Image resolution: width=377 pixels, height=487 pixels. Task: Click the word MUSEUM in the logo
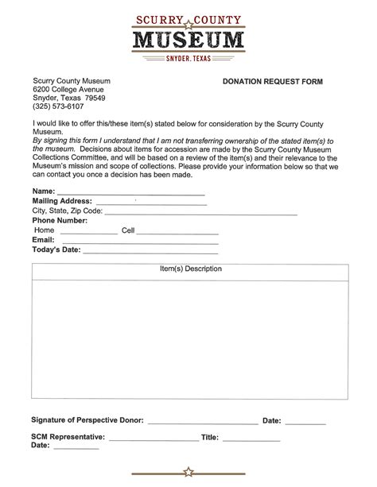pyautogui.click(x=188, y=39)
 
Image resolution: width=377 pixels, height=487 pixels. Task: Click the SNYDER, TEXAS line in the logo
pyautogui.click(x=188, y=59)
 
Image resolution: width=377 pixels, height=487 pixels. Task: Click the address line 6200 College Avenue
pyautogui.click(x=68, y=91)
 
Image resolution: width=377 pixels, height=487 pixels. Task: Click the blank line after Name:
pyautogui.click(x=130, y=192)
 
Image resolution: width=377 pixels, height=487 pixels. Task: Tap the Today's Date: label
pyautogui.click(x=56, y=249)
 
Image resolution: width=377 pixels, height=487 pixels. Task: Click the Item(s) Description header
pyautogui.click(x=191, y=269)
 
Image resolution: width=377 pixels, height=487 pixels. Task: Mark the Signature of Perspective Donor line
pyautogui.click(x=202, y=422)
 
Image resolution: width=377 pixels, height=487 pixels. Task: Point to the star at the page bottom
pyautogui.click(x=188, y=472)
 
